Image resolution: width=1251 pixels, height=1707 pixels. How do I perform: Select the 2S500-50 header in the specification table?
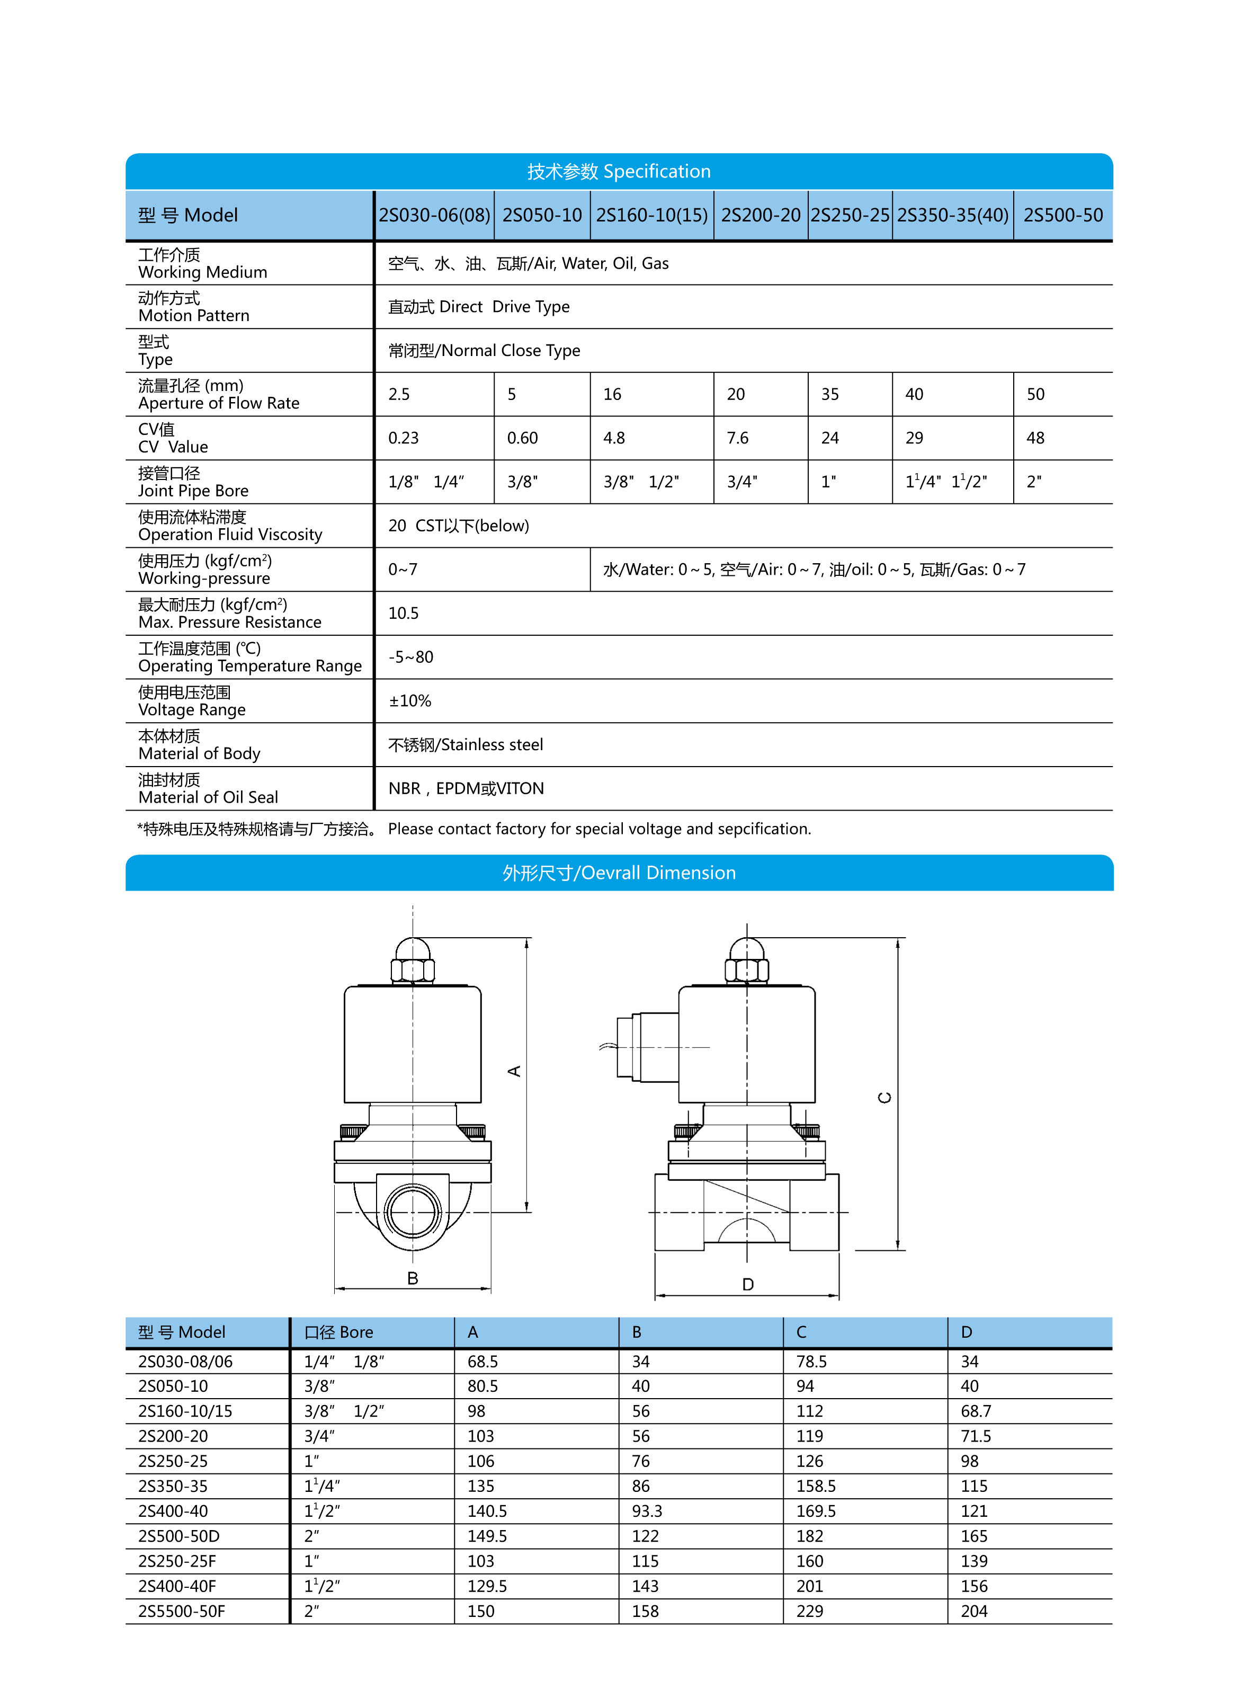tap(1062, 216)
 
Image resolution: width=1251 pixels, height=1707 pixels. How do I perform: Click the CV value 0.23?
tap(403, 438)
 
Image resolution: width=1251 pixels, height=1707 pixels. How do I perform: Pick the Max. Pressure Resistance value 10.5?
tap(403, 614)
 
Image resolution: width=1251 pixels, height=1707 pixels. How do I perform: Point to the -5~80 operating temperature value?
tap(410, 657)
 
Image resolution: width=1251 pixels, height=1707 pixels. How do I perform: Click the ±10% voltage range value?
tap(410, 701)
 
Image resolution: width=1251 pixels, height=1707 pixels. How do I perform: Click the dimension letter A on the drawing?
tap(514, 1071)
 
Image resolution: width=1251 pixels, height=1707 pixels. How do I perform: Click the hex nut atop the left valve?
tap(413, 970)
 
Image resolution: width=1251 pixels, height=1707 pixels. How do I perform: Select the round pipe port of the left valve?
tap(413, 1212)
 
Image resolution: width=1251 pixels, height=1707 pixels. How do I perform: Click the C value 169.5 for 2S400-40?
tap(816, 1512)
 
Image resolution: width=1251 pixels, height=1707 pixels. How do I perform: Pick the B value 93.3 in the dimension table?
tap(647, 1512)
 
